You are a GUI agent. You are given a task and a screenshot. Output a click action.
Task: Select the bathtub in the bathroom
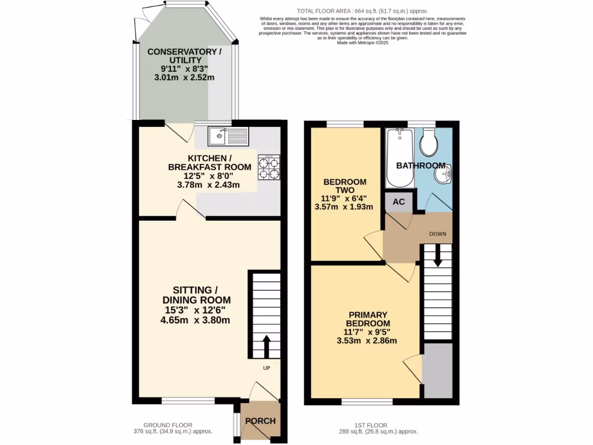tap(399, 156)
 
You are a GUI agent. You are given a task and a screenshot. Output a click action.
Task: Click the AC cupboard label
tap(398, 202)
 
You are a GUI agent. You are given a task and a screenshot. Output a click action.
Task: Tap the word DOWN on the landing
tap(437, 234)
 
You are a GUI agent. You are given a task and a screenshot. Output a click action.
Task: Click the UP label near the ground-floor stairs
tap(267, 368)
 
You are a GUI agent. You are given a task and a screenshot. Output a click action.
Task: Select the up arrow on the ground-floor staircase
tap(266, 346)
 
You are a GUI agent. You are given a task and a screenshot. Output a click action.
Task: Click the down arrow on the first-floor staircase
tap(437, 255)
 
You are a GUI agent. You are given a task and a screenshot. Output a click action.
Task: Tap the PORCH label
tap(260, 421)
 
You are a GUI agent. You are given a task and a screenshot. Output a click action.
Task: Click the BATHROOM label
tap(420, 166)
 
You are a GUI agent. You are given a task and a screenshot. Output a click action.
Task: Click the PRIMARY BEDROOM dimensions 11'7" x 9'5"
tap(367, 332)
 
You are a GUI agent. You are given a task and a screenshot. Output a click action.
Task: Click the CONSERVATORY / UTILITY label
tap(184, 56)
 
